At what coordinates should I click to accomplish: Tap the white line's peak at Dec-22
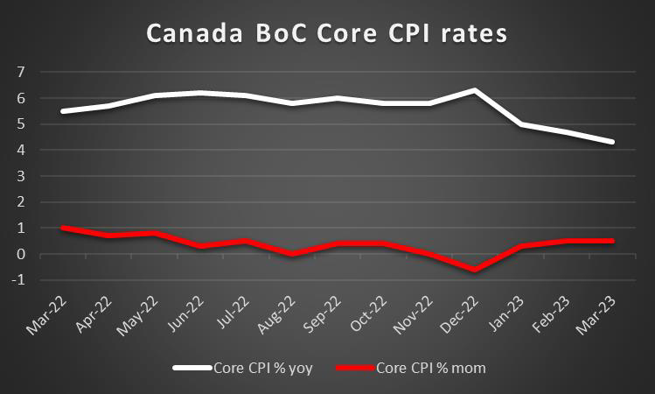coord(475,90)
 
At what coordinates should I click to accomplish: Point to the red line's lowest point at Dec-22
coord(475,271)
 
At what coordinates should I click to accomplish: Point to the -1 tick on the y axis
coord(17,281)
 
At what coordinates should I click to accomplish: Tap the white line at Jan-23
coord(520,124)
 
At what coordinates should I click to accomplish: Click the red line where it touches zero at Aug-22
coord(293,254)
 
